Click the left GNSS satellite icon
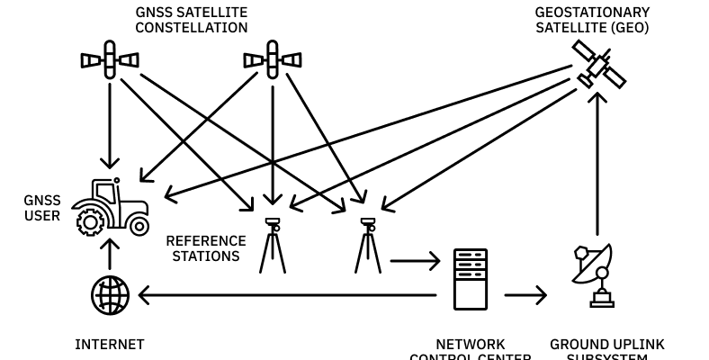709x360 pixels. pyautogui.click(x=110, y=60)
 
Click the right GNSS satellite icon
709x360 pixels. pyautogui.click(x=273, y=60)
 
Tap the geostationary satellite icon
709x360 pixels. pyautogui.click(x=599, y=64)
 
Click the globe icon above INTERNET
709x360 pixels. pyautogui.click(x=110, y=295)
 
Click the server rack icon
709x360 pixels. pyautogui.click(x=470, y=279)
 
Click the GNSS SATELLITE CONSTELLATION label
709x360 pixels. pyautogui.click(x=192, y=20)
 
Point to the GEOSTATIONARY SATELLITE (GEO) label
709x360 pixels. pyautogui.click(x=592, y=20)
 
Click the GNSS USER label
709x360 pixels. pyautogui.click(x=42, y=208)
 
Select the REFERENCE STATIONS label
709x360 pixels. pyautogui.click(x=205, y=248)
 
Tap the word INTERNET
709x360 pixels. pyautogui.click(x=109, y=345)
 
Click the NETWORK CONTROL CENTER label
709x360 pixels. pyautogui.click(x=470, y=350)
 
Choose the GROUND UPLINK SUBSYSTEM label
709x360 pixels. pyautogui.click(x=607, y=350)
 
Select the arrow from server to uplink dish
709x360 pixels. pyautogui.click(x=525, y=295)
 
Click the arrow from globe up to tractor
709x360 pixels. pyautogui.click(x=110, y=255)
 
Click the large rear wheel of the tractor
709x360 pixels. pyautogui.click(x=91, y=220)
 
